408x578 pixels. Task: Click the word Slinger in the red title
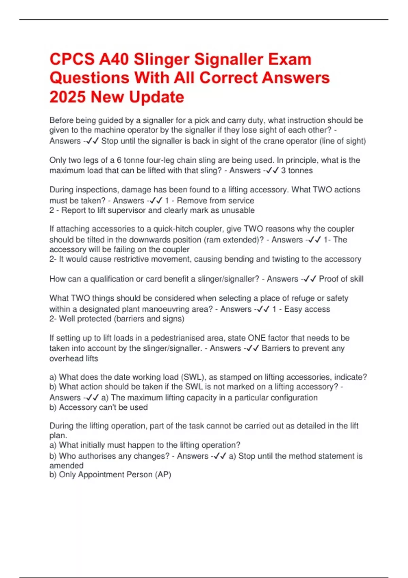pyautogui.click(x=161, y=60)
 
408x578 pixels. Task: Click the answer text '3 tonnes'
pyautogui.click(x=297, y=170)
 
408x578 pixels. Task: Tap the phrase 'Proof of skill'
pyautogui.click(x=341, y=279)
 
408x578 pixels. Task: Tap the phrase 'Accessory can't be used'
pyautogui.click(x=103, y=407)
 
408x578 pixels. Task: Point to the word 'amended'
pyautogui.click(x=66, y=465)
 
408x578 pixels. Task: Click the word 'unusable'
pyautogui.click(x=238, y=210)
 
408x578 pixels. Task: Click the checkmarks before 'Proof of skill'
pyautogui.click(x=309, y=279)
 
